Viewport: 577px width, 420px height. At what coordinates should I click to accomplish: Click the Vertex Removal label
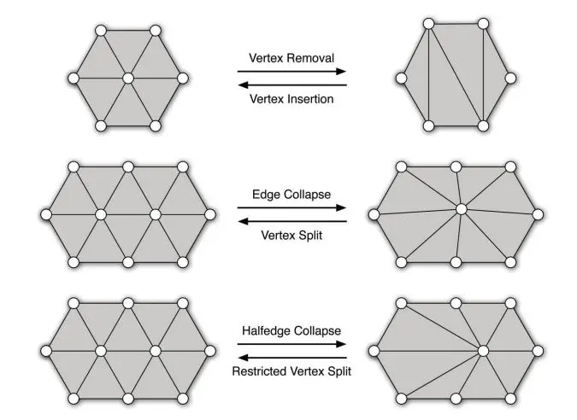[291, 58]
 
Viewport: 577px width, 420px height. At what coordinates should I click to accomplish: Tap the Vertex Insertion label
[291, 99]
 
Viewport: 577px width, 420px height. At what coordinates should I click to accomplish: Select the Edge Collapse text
[291, 195]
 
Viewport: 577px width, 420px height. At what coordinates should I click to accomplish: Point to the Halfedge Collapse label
[291, 330]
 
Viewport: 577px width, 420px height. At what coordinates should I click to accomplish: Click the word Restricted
[256, 371]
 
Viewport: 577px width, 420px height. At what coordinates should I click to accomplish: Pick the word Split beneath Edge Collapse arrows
[310, 235]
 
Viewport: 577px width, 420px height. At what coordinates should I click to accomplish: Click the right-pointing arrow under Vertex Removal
[291, 72]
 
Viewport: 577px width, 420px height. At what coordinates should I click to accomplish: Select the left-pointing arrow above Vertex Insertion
[291, 85]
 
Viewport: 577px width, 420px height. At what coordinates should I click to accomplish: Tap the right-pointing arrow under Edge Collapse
[291, 208]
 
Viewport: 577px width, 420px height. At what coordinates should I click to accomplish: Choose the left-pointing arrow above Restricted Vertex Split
[291, 358]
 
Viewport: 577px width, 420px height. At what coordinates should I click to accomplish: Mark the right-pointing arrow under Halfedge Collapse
[291, 344]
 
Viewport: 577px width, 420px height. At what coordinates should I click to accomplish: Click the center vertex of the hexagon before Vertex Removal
[128, 79]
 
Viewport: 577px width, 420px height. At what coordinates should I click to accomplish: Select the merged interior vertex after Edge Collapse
[461, 209]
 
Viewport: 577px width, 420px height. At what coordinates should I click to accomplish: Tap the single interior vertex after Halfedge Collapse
[483, 351]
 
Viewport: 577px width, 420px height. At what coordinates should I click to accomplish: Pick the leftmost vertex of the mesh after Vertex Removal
[402, 79]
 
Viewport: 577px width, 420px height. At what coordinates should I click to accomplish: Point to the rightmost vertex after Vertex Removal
[510, 79]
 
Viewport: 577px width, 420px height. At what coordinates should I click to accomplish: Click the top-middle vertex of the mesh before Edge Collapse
[128, 166]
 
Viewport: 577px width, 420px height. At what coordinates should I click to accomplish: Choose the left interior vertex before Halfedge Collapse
[101, 351]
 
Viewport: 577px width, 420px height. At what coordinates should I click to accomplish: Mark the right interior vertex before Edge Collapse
[156, 214]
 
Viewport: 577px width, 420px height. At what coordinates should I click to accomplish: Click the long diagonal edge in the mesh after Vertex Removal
[456, 75]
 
